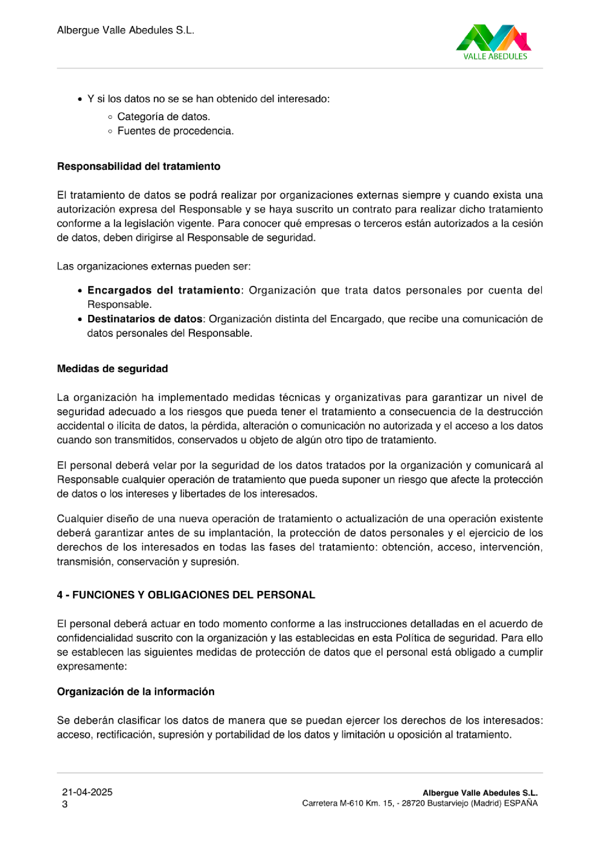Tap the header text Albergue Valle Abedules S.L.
125,31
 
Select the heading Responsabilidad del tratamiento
139,166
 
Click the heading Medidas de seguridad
113,369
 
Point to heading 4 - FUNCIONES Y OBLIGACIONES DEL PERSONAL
186,595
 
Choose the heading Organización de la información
136,692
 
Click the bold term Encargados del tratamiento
164,290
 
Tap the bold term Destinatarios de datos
145,319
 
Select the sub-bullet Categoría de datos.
163,117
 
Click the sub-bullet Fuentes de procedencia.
175,131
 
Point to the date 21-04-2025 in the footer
87,792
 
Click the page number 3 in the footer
65,804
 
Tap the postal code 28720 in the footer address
413,803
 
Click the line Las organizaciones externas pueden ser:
154,266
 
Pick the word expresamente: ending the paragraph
92,666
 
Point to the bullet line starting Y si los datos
208,99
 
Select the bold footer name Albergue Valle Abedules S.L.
480,793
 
